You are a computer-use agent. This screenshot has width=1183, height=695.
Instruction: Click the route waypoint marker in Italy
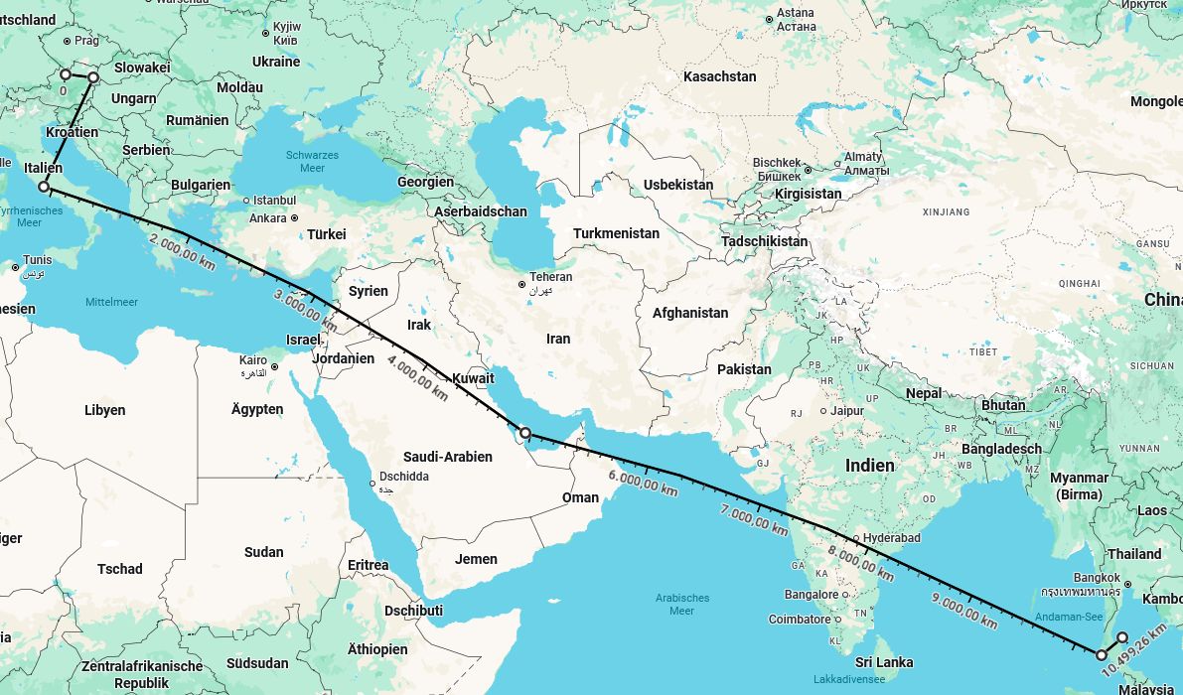[x=44, y=187]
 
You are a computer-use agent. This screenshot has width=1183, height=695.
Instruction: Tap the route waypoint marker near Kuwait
[x=524, y=433]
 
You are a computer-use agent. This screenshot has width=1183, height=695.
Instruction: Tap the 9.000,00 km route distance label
[x=963, y=610]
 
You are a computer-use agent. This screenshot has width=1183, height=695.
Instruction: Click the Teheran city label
[x=550, y=277]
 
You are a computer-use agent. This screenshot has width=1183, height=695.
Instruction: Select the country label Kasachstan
[x=719, y=76]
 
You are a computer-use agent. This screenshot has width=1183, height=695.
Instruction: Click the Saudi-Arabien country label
[x=447, y=457]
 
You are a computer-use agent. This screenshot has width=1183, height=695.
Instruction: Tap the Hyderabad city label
[x=891, y=538]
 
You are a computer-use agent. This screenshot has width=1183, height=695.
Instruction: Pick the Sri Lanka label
[x=883, y=662]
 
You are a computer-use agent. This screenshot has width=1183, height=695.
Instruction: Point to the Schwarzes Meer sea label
[x=312, y=162]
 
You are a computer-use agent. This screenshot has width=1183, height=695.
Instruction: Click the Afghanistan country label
[x=689, y=313]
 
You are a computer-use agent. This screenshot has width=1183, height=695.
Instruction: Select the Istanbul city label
[x=274, y=201]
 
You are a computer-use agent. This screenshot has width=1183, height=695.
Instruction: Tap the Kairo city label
[x=253, y=360]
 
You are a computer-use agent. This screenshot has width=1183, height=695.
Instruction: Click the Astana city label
[x=796, y=13]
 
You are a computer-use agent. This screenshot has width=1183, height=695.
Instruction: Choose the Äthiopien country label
[x=377, y=649]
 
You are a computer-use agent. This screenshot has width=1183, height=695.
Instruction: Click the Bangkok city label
[x=1097, y=578]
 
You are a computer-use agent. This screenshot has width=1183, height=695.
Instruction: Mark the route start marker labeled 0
[x=66, y=74]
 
